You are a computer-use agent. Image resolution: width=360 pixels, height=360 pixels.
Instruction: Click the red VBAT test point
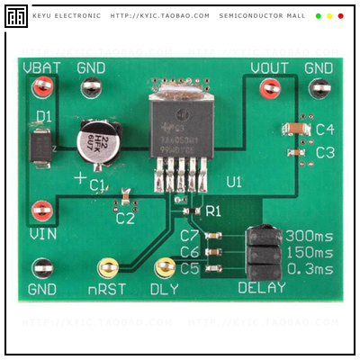(x=40, y=87)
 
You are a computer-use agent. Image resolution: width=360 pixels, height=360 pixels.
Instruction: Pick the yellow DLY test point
(x=165, y=267)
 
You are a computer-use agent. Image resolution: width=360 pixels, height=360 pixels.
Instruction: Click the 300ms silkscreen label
(x=309, y=237)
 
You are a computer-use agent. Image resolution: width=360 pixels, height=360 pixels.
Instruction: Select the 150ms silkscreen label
(x=309, y=253)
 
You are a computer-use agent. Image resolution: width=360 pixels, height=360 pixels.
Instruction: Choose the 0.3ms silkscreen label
(x=309, y=268)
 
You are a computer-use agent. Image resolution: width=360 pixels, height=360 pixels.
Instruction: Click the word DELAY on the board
(x=261, y=289)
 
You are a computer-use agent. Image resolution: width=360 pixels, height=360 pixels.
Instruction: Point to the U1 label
(x=234, y=182)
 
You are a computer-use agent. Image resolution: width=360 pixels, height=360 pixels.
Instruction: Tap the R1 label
(x=212, y=211)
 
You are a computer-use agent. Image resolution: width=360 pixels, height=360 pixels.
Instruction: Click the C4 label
(x=325, y=130)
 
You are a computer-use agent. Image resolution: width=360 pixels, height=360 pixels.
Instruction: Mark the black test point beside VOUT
(x=318, y=88)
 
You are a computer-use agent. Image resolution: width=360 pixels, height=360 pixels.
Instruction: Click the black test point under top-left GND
(x=90, y=87)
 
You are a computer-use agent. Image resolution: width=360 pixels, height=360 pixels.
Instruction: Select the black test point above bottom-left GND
(x=41, y=267)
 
